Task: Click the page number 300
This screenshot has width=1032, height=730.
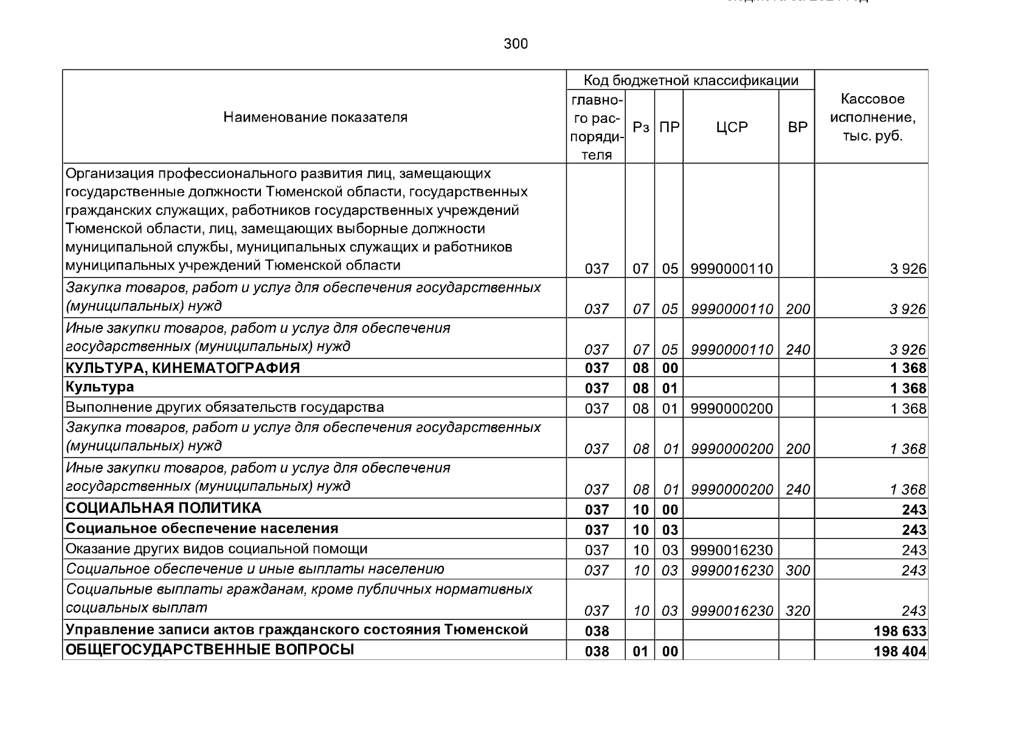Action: tap(516, 44)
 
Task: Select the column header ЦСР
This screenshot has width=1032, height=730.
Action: tap(731, 127)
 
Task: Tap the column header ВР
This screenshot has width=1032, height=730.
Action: tap(797, 127)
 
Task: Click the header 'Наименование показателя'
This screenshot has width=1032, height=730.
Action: tap(315, 117)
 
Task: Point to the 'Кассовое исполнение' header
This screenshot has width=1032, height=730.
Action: tap(872, 117)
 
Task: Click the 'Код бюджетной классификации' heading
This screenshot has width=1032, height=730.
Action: tap(690, 80)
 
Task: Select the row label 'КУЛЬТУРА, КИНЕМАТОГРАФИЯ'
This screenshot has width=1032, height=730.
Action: tap(182, 368)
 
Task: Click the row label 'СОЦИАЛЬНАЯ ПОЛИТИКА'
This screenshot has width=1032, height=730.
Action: tap(164, 508)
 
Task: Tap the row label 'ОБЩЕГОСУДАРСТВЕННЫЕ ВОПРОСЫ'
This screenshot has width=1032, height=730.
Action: tap(210, 650)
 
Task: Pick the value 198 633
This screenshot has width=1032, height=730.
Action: tap(899, 631)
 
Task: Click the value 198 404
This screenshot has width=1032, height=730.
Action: tap(899, 652)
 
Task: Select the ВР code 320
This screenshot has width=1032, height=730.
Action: tap(797, 611)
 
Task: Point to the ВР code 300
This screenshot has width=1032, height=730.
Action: tap(797, 571)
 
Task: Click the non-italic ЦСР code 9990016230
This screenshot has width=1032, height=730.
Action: tap(732, 551)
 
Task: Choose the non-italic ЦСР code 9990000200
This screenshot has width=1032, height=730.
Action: tap(732, 409)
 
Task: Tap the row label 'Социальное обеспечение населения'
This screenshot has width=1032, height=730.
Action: tap(202, 528)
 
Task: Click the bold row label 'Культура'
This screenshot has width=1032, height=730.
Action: tap(100, 387)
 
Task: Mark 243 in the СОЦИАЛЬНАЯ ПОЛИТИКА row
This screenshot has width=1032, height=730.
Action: tap(913, 510)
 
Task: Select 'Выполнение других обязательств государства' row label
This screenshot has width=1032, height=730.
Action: tap(224, 407)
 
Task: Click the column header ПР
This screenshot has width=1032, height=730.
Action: tap(669, 127)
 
